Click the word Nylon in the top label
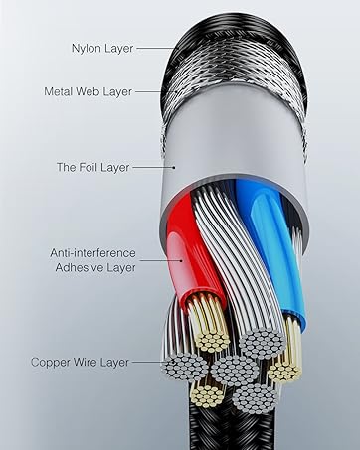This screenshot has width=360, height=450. pyautogui.click(x=87, y=47)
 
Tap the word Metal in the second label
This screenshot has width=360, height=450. pyautogui.click(x=62, y=91)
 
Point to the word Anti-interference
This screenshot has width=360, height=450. pyautogui.click(x=94, y=253)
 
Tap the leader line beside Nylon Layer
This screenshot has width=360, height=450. pyautogui.click(x=149, y=47)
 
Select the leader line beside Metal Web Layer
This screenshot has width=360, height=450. pyautogui.click(x=146, y=91)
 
